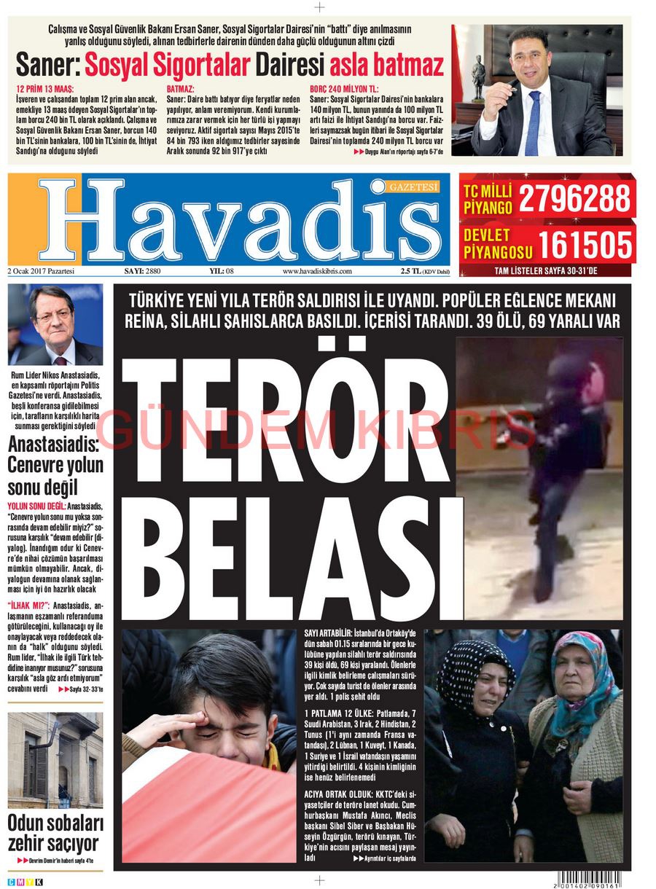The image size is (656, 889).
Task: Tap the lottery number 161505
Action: click(x=584, y=245)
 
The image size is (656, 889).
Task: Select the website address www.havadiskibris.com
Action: click(x=317, y=271)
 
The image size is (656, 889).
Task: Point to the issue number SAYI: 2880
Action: click(x=142, y=271)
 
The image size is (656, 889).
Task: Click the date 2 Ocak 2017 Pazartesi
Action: click(x=42, y=271)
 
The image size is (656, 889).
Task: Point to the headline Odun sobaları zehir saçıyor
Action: click(x=55, y=834)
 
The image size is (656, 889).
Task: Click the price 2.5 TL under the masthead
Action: click(x=411, y=271)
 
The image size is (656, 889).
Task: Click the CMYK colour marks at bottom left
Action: click(x=25, y=882)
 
